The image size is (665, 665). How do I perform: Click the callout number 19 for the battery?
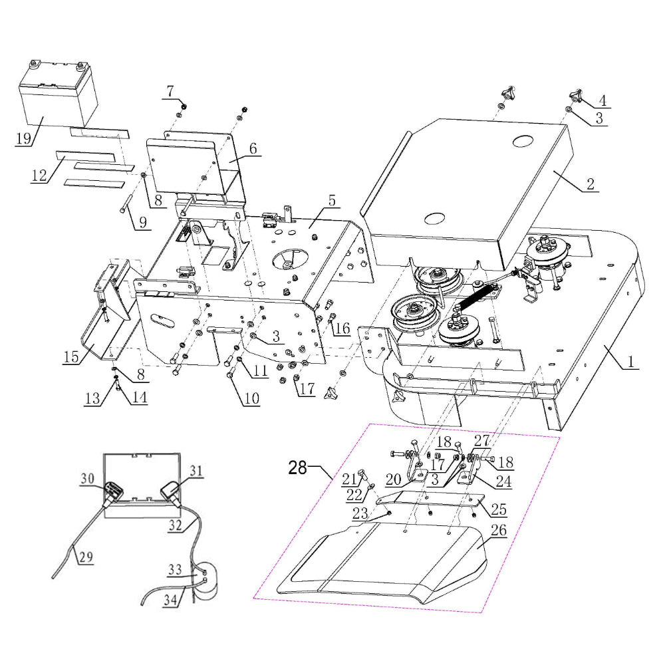23,139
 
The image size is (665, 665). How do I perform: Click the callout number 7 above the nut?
170,89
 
